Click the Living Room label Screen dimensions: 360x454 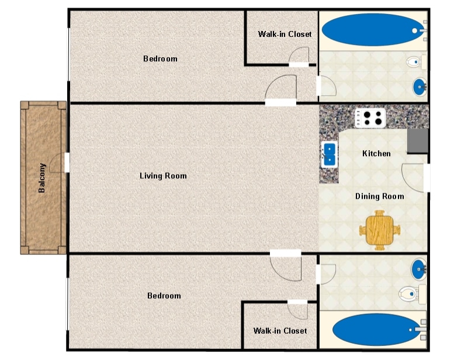163,176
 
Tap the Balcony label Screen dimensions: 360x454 42,178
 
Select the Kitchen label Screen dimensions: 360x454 376,154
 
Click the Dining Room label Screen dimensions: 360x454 379,196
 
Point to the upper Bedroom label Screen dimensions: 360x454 160,59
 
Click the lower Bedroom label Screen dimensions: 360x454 164,296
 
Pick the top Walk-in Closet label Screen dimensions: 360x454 285,34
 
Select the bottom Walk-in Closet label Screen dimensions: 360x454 280,331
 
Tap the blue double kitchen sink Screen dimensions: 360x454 330,154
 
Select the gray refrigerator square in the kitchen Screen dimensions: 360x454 418,141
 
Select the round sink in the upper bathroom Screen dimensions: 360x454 420,87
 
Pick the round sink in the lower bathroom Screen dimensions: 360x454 418,270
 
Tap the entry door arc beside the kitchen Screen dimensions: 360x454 413,178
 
